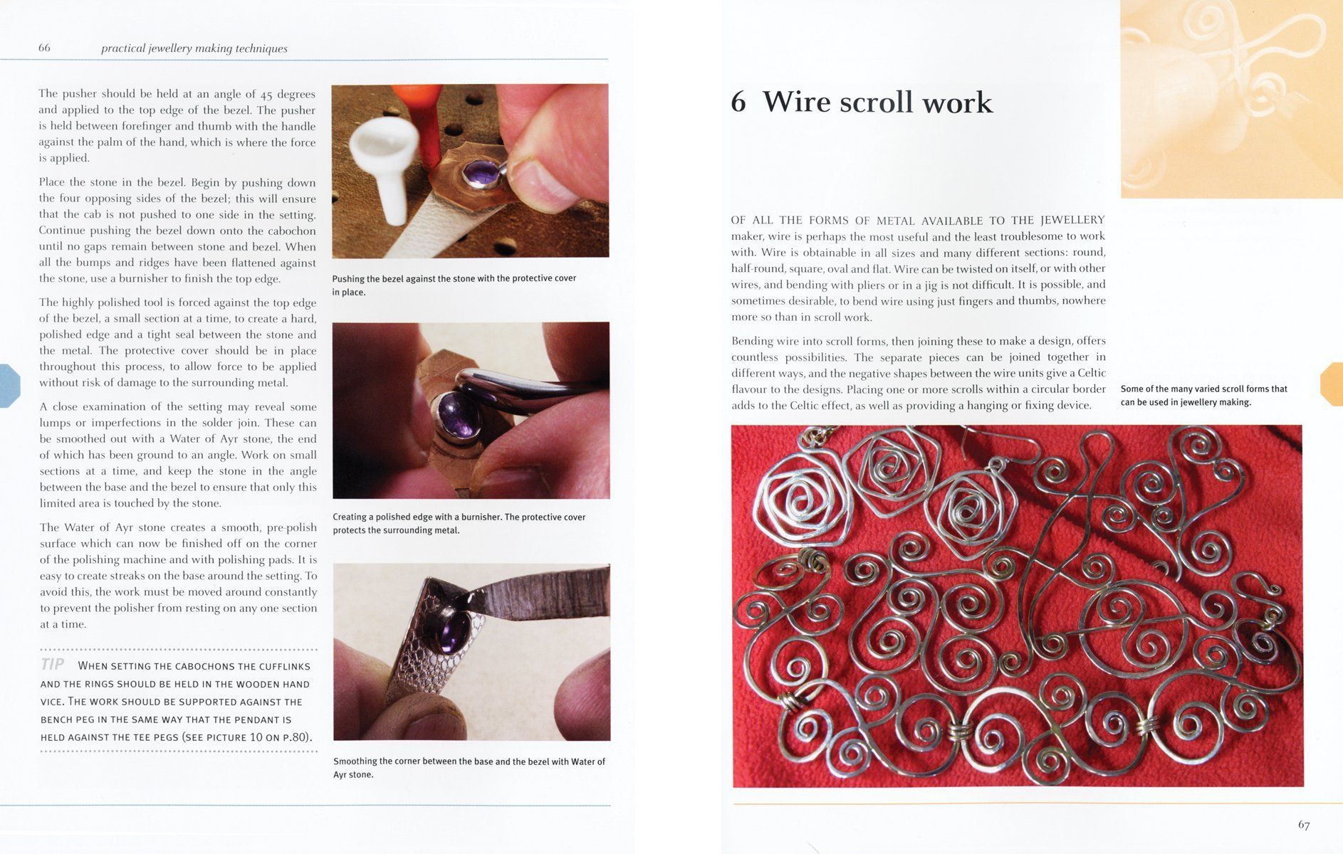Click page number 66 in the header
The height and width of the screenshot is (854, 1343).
click(44, 48)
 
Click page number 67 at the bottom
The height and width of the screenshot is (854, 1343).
click(1303, 825)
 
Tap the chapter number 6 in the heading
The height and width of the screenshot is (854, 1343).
click(738, 102)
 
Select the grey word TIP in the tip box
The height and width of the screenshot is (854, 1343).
click(53, 664)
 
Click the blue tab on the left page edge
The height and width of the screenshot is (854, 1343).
click(9, 385)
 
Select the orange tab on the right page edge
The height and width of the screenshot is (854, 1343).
click(1332, 384)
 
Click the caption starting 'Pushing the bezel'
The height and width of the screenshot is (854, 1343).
click(454, 285)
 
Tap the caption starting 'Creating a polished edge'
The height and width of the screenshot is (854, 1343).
click(459, 523)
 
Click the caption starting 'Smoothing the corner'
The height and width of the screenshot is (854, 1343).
click(469, 767)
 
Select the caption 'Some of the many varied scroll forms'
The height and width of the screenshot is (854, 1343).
click(1203, 395)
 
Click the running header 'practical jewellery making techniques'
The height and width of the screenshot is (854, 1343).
click(194, 48)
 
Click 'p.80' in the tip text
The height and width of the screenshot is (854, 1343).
click(296, 737)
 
